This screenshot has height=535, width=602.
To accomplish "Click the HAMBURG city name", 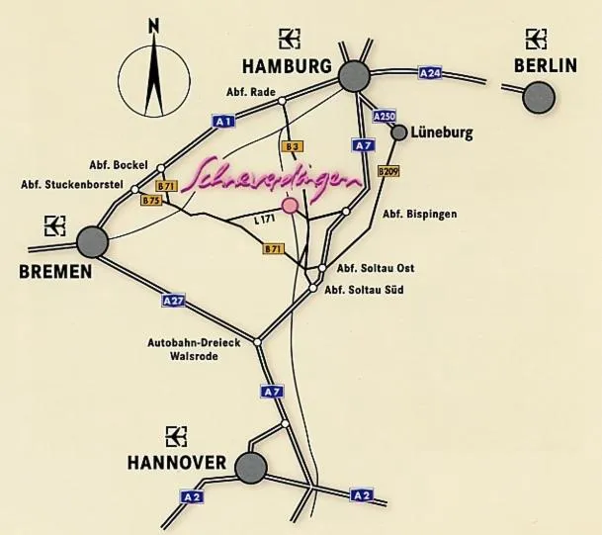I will coord(286,67).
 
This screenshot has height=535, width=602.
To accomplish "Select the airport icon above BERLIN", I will coord(537,39).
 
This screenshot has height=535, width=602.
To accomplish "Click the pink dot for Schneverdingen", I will coord(290,206).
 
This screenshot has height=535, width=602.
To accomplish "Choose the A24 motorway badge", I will coord(430,73).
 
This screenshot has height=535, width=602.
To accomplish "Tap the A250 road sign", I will coord(385,117).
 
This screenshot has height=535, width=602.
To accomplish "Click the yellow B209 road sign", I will coord(388,171).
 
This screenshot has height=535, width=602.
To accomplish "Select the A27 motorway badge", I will coord(173,299).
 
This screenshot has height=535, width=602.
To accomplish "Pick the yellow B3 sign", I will coord(292,146).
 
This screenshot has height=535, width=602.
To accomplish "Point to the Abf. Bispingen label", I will coord(419,215).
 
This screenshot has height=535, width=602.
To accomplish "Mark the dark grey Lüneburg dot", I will coord(399,132).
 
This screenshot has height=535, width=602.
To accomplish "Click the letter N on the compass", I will coord(152,27).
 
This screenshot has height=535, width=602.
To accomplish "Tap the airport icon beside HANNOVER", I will coord(176,435).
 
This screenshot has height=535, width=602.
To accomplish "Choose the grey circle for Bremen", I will coord(92,240).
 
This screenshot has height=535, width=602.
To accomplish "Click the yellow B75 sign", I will coord(151,201).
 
